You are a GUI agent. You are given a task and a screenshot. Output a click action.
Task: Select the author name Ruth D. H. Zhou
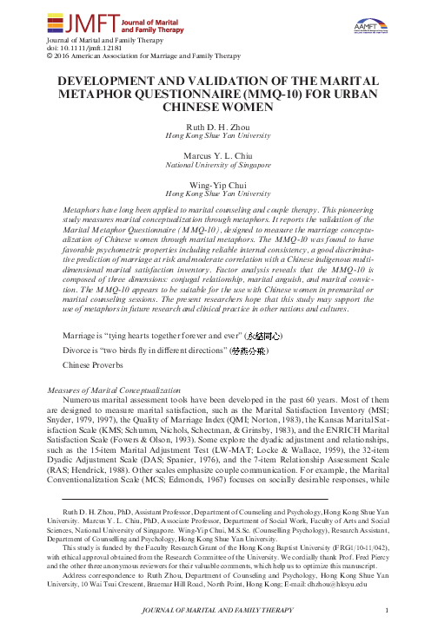click(x=218, y=127)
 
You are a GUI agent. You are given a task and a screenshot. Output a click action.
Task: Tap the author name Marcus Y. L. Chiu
click(x=218, y=154)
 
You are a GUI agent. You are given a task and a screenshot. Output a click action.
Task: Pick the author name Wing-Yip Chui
click(x=218, y=184)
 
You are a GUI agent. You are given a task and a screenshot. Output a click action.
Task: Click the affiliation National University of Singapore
click(x=218, y=164)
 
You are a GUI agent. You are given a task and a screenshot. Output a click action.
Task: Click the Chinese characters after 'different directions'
click(x=248, y=350)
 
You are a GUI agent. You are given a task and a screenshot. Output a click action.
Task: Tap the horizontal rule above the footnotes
click(x=196, y=500)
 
